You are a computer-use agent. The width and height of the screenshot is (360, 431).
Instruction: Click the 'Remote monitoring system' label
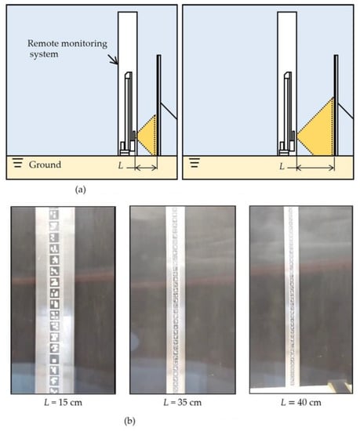click(x=67, y=49)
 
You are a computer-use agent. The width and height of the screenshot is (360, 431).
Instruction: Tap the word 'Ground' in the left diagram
click(x=45, y=165)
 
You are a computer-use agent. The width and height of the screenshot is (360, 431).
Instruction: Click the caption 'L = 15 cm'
click(x=63, y=403)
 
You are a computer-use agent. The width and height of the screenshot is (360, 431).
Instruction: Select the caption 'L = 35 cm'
click(x=182, y=403)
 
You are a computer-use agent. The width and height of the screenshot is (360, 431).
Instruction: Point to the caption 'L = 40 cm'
click(x=301, y=403)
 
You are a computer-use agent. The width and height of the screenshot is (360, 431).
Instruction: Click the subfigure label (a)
click(x=80, y=190)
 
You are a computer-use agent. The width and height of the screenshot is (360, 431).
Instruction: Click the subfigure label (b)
click(x=129, y=421)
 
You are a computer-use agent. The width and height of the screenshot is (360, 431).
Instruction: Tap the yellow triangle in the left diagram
click(x=147, y=136)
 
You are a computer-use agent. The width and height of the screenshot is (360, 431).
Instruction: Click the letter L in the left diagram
click(x=121, y=165)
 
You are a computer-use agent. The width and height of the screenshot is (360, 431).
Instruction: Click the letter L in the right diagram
click(x=282, y=166)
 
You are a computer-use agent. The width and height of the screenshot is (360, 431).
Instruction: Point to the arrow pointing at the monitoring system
click(x=113, y=60)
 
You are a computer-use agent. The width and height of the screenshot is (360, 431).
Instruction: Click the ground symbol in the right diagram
click(x=195, y=162)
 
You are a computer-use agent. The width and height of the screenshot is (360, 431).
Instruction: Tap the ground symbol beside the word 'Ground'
click(x=17, y=163)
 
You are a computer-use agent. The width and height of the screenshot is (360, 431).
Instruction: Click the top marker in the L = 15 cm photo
click(x=54, y=215)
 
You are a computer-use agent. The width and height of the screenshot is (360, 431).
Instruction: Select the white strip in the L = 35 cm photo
click(x=175, y=300)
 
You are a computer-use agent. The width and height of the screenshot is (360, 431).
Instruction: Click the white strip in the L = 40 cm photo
click(x=292, y=295)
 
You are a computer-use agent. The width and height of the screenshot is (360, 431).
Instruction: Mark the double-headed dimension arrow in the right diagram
click(x=316, y=167)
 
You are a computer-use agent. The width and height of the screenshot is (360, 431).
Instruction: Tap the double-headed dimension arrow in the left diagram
click(x=147, y=167)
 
